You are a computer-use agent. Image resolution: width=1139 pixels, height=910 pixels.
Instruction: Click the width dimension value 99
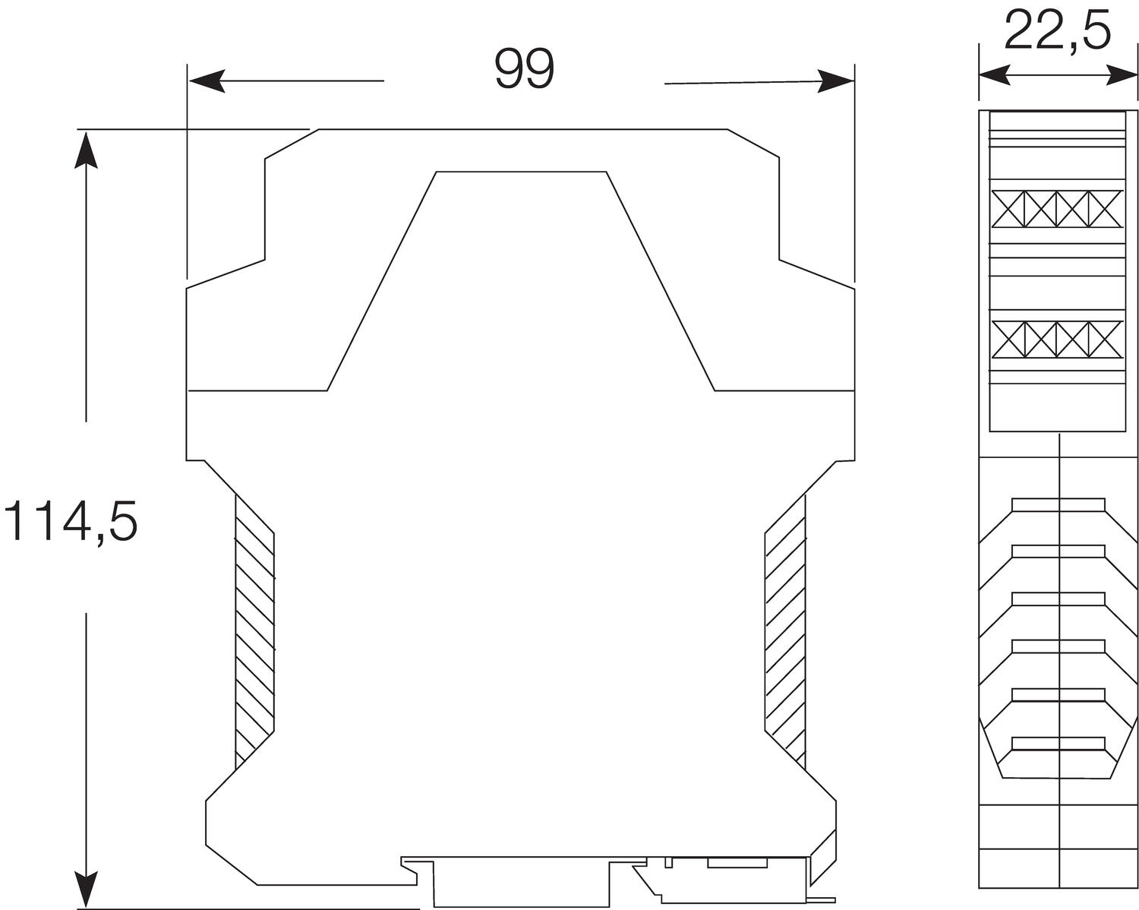tap(525, 69)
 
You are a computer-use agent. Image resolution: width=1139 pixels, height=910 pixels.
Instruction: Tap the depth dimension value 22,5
tap(1057, 31)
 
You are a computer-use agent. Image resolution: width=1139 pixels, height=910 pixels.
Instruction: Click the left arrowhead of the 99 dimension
tap(207, 81)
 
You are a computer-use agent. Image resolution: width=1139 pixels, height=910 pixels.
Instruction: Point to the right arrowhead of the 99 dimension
tap(835, 81)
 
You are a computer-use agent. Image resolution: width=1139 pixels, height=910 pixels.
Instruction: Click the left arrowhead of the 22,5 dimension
tap(995, 75)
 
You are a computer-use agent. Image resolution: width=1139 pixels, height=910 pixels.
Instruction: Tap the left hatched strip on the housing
tap(254, 630)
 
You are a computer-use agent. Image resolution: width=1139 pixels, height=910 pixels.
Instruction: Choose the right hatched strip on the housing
tap(785, 630)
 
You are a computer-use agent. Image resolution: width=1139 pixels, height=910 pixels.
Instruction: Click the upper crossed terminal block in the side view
tap(1057, 208)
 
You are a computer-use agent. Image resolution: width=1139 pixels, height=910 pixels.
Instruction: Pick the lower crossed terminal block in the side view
tap(1057, 340)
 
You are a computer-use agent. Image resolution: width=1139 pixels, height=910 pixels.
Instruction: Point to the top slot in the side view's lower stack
tap(1059, 504)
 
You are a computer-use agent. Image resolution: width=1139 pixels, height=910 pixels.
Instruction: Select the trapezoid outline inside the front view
tap(522, 281)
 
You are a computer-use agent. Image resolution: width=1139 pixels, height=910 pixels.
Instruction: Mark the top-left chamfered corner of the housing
tap(291, 144)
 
